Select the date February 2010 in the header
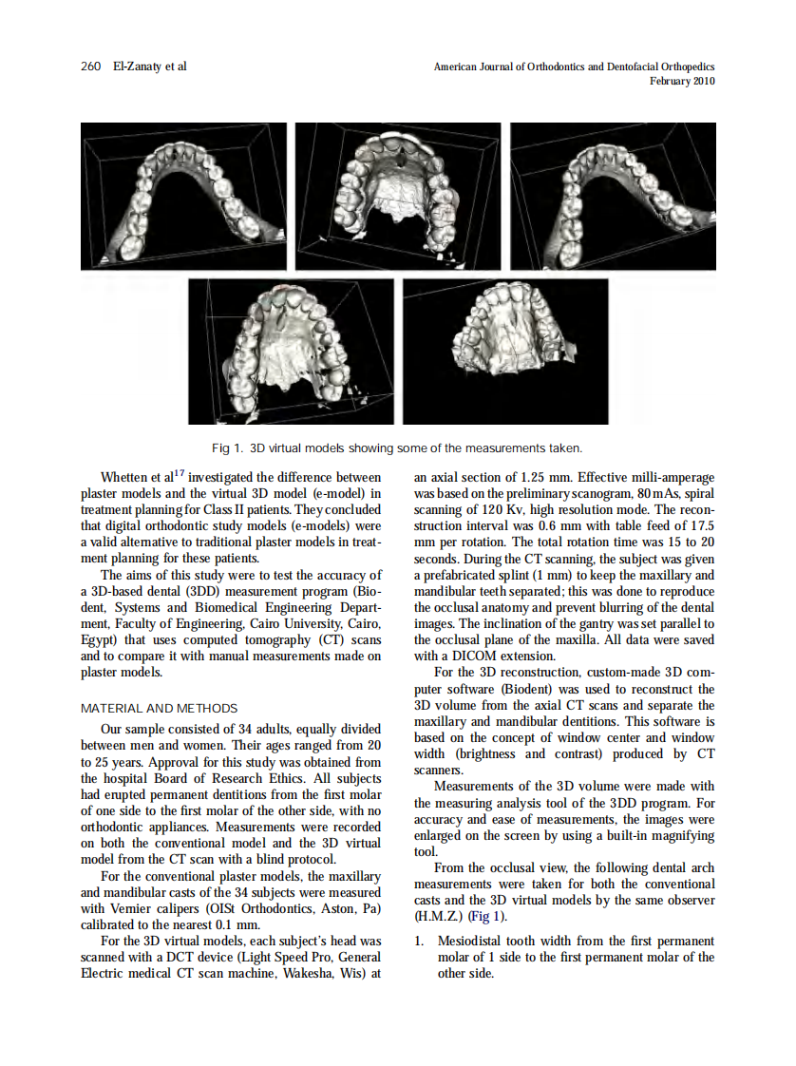pyautogui.click(x=681, y=82)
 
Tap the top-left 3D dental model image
pyautogui.click(x=183, y=197)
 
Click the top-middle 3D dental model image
pyautogui.click(x=398, y=197)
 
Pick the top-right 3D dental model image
pyautogui.click(x=613, y=197)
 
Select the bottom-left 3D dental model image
pyautogui.click(x=291, y=351)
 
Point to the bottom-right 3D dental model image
pyautogui.click(x=505, y=351)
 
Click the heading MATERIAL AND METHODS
pyautogui.click(x=160, y=708)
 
